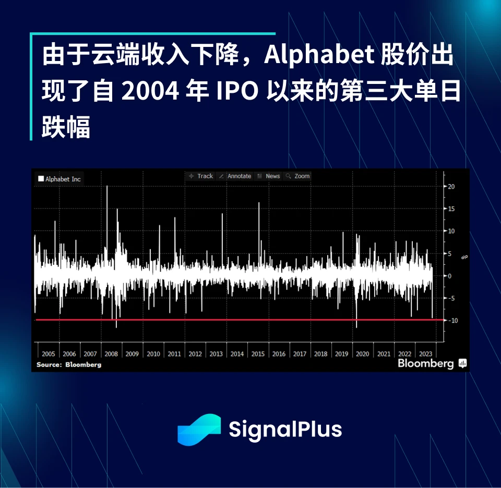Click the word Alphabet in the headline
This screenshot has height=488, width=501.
point(319,56)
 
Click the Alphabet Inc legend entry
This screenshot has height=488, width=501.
point(59,179)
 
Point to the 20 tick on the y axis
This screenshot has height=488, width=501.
point(451,187)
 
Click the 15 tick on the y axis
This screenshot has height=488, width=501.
point(451,209)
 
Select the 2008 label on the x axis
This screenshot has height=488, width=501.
point(111,354)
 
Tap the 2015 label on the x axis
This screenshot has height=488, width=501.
point(258,354)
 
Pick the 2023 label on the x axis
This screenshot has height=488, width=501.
point(425,354)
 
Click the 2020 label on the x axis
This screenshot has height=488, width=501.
point(362,354)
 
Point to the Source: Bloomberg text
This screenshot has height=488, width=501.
point(69,364)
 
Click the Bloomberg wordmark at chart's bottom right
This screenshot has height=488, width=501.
point(426,363)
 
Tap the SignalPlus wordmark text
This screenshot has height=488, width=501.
point(285,430)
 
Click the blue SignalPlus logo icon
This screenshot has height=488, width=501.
point(199,430)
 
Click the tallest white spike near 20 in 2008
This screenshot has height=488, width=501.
point(107,188)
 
